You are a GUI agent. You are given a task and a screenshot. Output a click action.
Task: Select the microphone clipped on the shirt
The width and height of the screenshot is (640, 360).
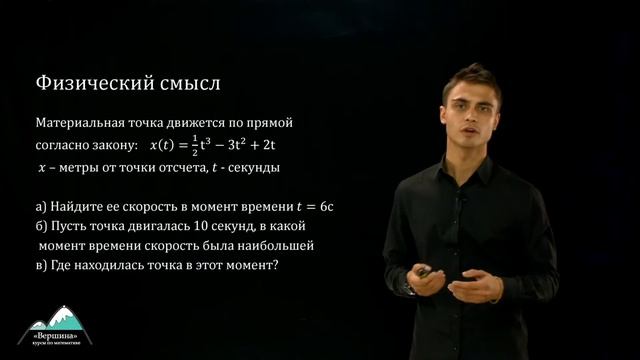pos(462,201)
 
